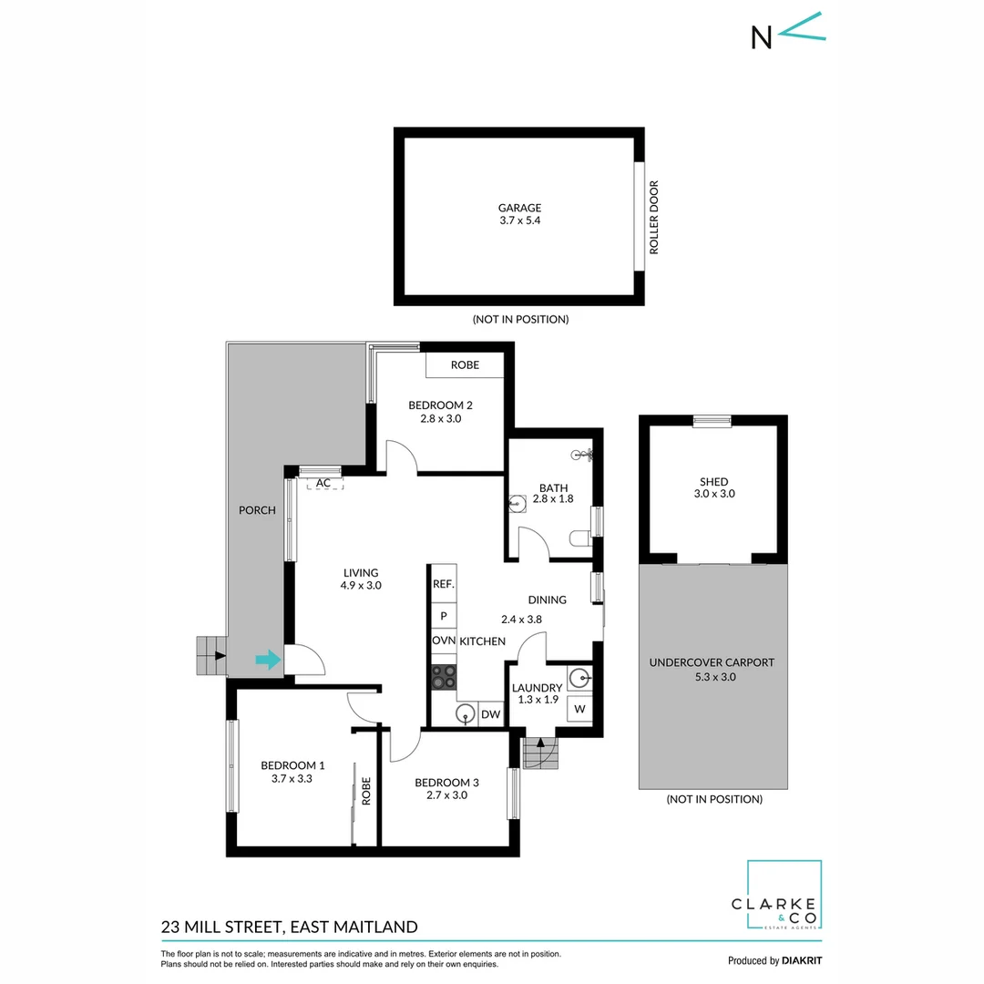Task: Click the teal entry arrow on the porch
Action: (x=268, y=660)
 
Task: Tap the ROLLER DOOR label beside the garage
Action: (x=653, y=218)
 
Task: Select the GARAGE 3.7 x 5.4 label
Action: (x=519, y=214)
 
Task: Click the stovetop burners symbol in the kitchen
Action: (x=444, y=676)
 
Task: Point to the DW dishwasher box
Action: (x=490, y=715)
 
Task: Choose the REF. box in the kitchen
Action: (x=443, y=584)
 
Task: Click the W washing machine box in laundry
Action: (x=579, y=708)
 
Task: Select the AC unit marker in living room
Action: (x=323, y=483)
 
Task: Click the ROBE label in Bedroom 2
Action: (x=465, y=365)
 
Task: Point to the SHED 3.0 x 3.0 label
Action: (x=714, y=487)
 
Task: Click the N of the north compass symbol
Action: (x=761, y=36)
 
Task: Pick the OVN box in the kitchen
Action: (x=444, y=641)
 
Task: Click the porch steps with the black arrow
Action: (x=211, y=655)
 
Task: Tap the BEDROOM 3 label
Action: (x=446, y=788)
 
